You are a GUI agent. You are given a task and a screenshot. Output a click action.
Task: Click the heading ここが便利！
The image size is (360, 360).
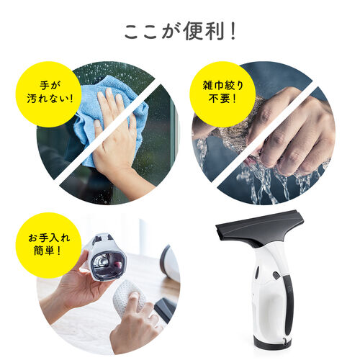pyautogui.click(x=180, y=32)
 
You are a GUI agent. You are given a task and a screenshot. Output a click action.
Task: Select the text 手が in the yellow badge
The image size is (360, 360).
pyautogui.click(x=47, y=84)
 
